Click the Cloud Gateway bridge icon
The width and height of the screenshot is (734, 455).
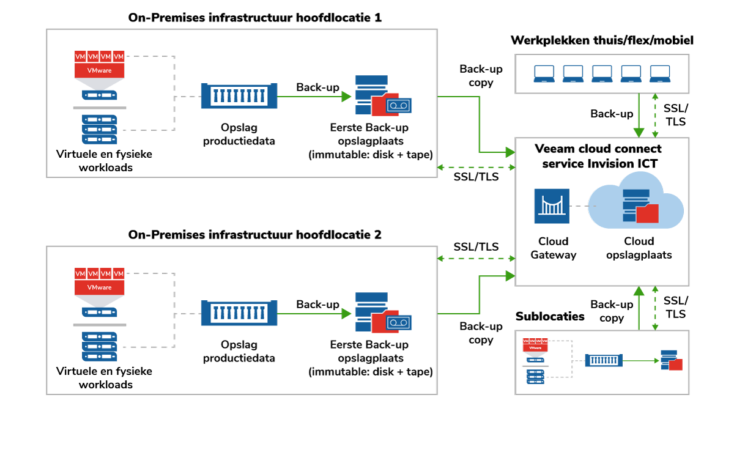pos(552,206)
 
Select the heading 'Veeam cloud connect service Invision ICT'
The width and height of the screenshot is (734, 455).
pos(598,157)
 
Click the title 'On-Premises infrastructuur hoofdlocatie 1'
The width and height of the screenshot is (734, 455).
pos(255,17)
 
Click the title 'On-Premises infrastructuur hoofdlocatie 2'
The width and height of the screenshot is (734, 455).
pos(255,234)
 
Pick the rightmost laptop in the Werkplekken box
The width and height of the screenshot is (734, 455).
pos(661,73)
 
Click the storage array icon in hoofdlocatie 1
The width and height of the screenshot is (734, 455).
pos(239,96)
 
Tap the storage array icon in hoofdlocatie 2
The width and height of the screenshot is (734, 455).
pos(239,313)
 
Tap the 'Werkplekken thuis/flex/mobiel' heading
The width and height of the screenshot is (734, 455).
pos(602,41)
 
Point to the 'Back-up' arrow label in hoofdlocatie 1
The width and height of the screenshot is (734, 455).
pos(317,87)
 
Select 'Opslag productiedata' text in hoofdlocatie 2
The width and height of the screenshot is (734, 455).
pos(239,352)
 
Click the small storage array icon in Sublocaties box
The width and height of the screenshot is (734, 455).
pos(604,360)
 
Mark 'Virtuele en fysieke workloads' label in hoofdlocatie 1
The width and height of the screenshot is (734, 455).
pos(104,161)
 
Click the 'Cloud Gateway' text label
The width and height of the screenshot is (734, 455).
pos(553,248)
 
